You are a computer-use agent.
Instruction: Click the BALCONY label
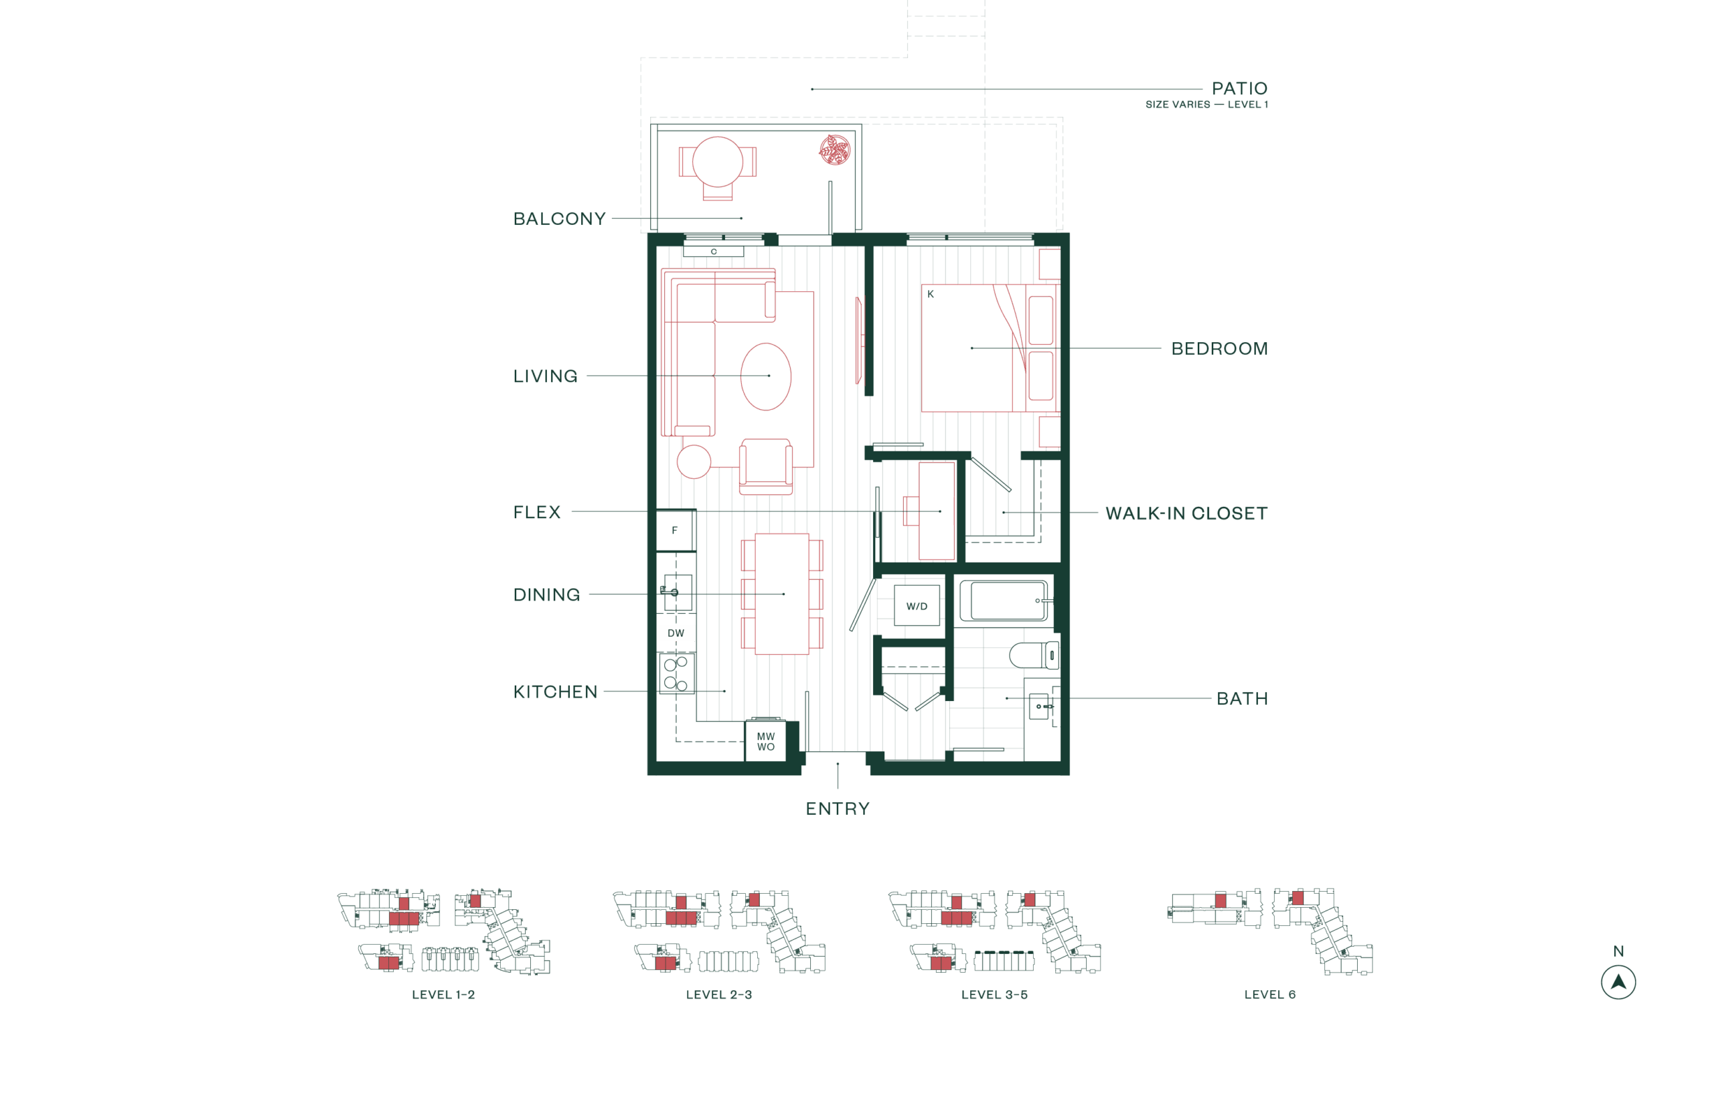click(559, 219)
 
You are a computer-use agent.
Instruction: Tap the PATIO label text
click(1239, 89)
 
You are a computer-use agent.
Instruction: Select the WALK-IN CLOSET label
click(1186, 514)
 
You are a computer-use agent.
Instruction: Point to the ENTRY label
click(838, 809)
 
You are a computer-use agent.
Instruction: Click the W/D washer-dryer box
click(916, 606)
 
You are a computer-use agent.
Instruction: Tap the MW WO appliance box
click(765, 741)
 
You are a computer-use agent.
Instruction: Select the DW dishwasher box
click(676, 633)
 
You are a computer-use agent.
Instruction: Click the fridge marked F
click(675, 530)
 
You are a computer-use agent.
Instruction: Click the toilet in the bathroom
click(1032, 655)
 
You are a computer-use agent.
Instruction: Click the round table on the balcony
click(717, 162)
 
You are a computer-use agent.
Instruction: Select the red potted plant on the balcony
click(834, 150)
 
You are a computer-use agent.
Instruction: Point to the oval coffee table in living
click(765, 376)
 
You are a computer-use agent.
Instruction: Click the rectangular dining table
click(781, 594)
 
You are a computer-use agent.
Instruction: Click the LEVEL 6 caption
click(1269, 994)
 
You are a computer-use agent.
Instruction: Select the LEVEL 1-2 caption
click(443, 995)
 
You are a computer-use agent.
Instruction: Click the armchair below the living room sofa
click(765, 466)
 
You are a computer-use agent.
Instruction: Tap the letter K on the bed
click(931, 294)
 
